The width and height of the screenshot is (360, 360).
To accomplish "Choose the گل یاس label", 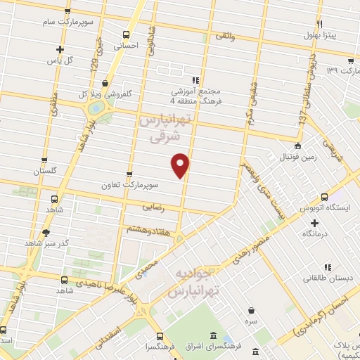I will pyautogui.click(x=60, y=61).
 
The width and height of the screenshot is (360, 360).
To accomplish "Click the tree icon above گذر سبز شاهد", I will pyautogui.click(x=46, y=233).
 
